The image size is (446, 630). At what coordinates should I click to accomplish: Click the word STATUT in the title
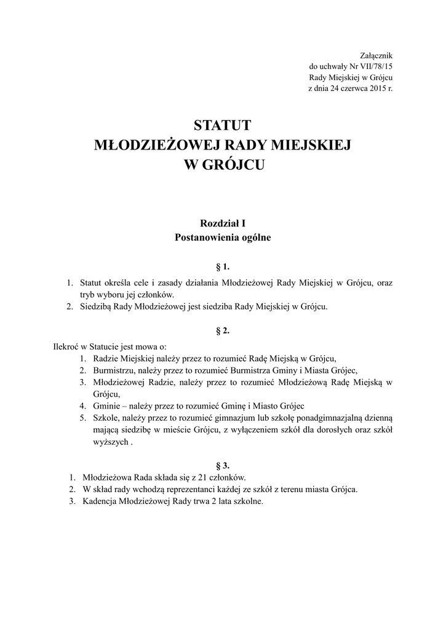click(223, 126)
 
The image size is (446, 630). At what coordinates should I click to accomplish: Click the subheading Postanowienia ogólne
click(223, 237)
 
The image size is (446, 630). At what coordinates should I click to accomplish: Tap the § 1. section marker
click(223, 267)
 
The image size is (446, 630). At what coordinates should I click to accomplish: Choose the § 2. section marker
click(223, 331)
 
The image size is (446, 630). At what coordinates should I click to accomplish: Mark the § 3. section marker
click(223, 463)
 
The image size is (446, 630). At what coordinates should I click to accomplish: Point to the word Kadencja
click(100, 501)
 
